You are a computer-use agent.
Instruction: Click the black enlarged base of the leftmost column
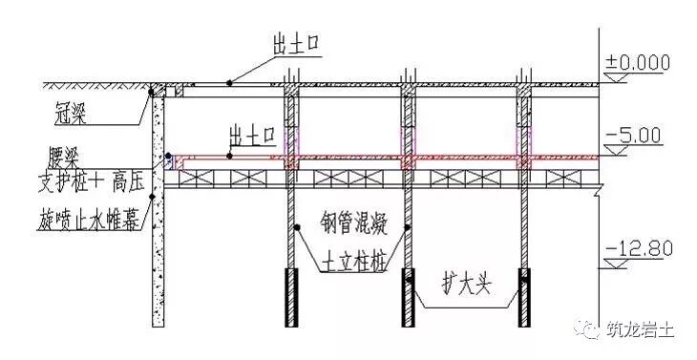[x=290, y=298]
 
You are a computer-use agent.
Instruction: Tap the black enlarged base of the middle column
[x=408, y=298]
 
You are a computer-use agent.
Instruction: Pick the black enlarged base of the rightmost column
[x=525, y=298]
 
